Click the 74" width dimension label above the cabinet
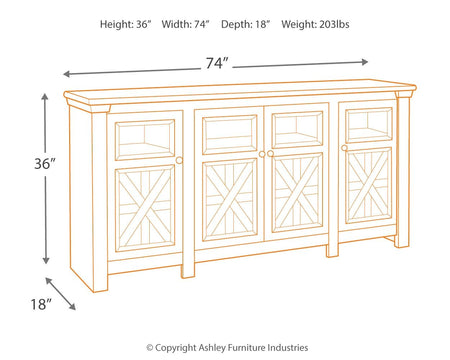click(x=217, y=63)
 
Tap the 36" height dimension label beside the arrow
click(x=45, y=164)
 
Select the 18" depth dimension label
click(x=41, y=304)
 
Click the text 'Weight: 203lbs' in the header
click(x=315, y=24)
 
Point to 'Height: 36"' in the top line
click(x=126, y=24)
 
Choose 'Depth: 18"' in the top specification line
click(x=245, y=24)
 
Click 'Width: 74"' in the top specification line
click(x=185, y=24)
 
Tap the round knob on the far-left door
click(x=179, y=160)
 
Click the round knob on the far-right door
click(x=344, y=148)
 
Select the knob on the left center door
click(x=262, y=154)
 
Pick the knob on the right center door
click(x=270, y=154)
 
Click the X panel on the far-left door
click(x=145, y=209)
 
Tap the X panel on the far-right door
click(x=368, y=184)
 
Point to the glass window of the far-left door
click(x=145, y=140)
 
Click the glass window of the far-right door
click(x=369, y=125)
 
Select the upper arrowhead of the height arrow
click(x=45, y=97)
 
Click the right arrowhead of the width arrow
click(x=364, y=62)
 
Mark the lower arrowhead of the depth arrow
click(x=72, y=306)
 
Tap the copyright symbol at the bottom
click(x=150, y=348)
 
